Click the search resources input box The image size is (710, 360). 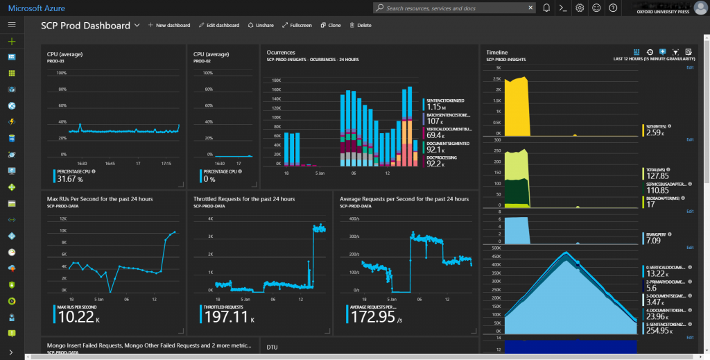[458, 8]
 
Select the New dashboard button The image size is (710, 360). [169, 25]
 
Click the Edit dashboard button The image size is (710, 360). [218, 25]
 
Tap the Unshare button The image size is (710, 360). [261, 25]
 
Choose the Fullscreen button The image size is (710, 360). [297, 25]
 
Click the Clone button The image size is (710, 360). [331, 25]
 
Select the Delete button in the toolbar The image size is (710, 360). [361, 25]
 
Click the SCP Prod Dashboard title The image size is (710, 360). [85, 25]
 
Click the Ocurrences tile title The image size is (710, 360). [281, 53]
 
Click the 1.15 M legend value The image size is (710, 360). [437, 107]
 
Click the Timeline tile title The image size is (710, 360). [497, 53]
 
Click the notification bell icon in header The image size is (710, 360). [547, 8]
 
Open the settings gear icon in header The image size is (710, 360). [580, 8]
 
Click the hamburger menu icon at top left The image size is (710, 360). [11, 24]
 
